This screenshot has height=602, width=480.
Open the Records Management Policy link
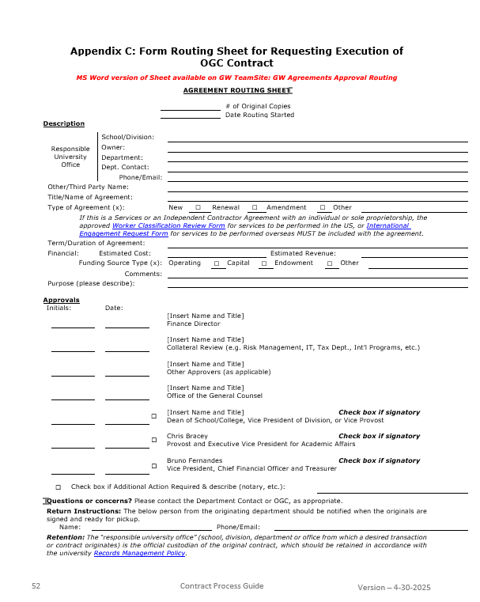coord(140,553)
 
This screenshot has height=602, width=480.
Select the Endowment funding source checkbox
coord(263,263)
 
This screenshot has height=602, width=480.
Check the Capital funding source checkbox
coord(216,263)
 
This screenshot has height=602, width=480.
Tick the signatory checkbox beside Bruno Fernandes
coord(153,464)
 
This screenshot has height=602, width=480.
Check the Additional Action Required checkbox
coord(58,487)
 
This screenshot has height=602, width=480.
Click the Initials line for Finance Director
coord(73,326)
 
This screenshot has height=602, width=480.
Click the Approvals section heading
coord(61,300)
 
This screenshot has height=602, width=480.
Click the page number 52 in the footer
coord(36,586)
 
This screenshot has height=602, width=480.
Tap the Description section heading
coord(63,123)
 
